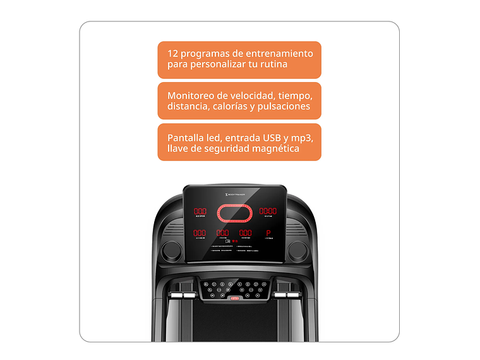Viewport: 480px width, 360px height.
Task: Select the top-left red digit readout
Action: (x=200, y=212)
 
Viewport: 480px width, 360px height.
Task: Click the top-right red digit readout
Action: (x=268, y=212)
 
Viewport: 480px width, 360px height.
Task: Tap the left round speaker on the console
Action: (x=171, y=251)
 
